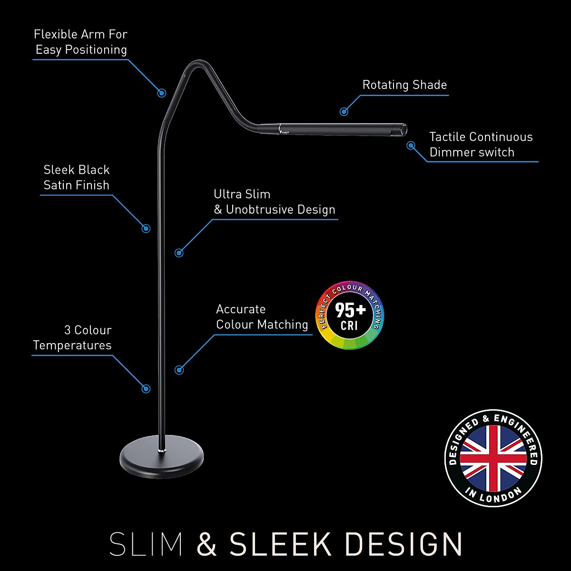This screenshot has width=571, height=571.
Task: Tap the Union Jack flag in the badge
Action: click(x=493, y=458)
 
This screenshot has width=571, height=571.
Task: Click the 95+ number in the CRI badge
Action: click(x=350, y=310)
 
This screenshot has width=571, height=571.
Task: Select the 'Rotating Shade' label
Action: click(x=404, y=85)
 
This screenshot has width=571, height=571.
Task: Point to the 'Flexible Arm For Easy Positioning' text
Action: click(x=81, y=42)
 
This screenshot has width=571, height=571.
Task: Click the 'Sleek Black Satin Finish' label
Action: click(x=77, y=177)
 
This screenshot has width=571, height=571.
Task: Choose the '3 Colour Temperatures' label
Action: click(x=73, y=338)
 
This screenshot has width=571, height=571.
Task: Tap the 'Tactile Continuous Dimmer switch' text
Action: click(x=481, y=145)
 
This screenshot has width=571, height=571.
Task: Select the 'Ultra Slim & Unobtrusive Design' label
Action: click(x=274, y=202)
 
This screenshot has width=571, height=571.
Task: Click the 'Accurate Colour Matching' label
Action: click(x=262, y=317)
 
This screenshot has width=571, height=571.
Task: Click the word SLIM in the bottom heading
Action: click(x=146, y=544)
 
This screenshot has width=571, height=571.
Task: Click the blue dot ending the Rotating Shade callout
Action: click(x=344, y=112)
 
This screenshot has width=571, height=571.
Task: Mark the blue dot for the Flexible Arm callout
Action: click(x=162, y=93)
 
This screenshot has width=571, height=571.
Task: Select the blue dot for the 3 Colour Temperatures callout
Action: click(x=147, y=389)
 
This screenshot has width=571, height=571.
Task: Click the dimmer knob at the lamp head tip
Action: click(x=404, y=129)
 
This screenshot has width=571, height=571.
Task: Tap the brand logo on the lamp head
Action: click(x=284, y=129)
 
